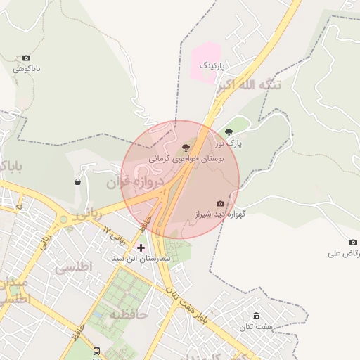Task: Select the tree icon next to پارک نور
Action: click(229, 132)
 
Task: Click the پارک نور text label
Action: click(229, 143)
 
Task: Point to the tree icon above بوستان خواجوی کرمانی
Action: click(186, 148)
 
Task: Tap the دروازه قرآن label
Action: click(135, 183)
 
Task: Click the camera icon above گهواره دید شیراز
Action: click(220, 204)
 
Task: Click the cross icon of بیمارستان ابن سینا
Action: click(141, 247)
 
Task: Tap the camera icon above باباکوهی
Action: click(27, 58)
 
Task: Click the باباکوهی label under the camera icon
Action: click(27, 69)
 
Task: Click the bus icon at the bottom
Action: click(96, 351)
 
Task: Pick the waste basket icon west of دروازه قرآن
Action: click(77, 182)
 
